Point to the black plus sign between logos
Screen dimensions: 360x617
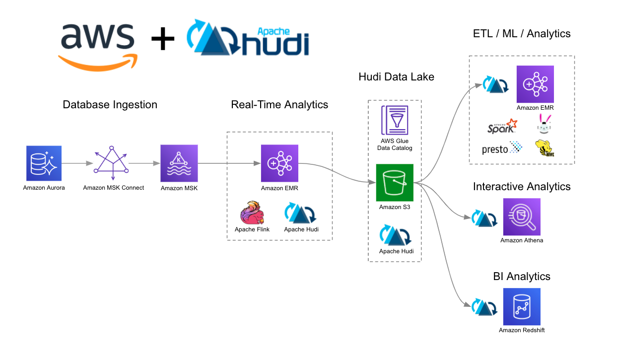[162, 40]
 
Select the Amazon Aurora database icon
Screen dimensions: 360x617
[44, 163]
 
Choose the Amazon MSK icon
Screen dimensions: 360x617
[179, 163]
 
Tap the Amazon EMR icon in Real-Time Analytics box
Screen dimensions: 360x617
[279, 163]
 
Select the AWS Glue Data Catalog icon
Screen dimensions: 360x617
[394, 120]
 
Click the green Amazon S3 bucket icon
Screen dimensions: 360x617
[394, 182]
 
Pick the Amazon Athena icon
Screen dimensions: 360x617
[521, 217]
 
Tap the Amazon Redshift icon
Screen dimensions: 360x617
[521, 307]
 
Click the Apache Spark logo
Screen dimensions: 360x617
[502, 127]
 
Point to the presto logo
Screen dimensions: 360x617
[501, 148]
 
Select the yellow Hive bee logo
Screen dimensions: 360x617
[545, 148]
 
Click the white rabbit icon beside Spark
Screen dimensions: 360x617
[545, 124]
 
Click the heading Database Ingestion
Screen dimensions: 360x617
[110, 105]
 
